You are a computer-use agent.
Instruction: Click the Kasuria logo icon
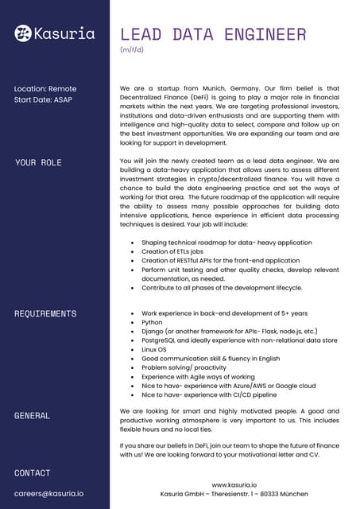(23, 33)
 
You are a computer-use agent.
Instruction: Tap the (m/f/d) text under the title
(131, 50)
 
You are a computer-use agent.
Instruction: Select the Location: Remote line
(45, 88)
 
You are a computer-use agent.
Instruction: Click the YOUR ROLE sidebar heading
(38, 162)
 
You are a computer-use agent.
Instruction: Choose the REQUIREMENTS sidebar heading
(45, 313)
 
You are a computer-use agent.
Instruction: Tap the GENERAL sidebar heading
(33, 415)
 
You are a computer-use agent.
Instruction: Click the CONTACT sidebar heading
(33, 473)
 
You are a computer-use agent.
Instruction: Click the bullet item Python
(153, 324)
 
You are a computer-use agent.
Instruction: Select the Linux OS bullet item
(157, 349)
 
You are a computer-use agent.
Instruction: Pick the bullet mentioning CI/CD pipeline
(209, 394)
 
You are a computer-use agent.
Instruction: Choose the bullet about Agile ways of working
(198, 376)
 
